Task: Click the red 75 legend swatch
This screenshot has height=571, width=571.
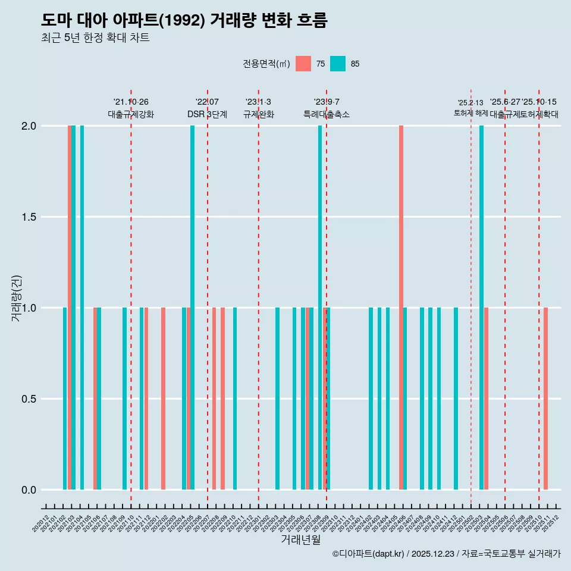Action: tap(303, 64)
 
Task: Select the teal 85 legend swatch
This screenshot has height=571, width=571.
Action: tap(338, 64)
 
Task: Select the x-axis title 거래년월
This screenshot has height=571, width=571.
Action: tap(300, 540)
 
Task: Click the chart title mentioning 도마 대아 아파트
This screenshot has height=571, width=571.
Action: tap(184, 20)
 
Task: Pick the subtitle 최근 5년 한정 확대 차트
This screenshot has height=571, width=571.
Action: tap(95, 39)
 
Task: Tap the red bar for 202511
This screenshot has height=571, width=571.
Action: tap(545, 399)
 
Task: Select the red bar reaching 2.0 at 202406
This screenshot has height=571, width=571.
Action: tap(401, 308)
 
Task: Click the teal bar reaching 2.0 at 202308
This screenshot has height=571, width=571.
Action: tap(320, 308)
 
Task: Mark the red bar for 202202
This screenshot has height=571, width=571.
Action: tap(163, 399)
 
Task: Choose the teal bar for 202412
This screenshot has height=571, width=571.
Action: tap(456, 399)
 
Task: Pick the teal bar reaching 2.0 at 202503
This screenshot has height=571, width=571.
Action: tap(481, 308)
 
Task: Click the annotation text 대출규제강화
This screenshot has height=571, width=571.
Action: tap(131, 114)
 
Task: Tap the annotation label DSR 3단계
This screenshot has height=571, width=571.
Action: tap(207, 114)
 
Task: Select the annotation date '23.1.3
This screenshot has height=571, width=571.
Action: tap(258, 102)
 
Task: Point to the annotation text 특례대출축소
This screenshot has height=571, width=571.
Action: tap(326, 114)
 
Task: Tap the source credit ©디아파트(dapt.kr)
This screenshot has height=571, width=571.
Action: tap(368, 554)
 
